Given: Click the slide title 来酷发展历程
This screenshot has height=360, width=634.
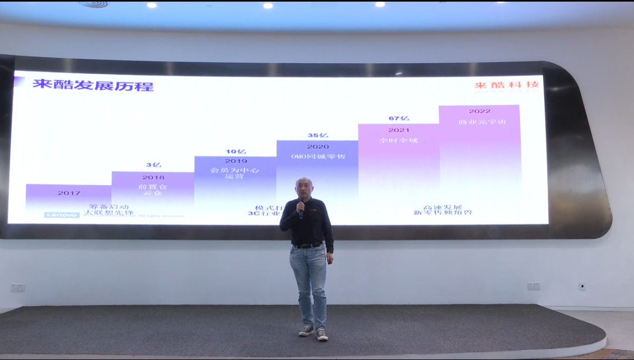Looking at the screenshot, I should click(93, 85).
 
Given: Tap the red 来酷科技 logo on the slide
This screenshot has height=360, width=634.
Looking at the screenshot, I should click(507, 85).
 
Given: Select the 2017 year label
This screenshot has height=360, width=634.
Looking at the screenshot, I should click(69, 193).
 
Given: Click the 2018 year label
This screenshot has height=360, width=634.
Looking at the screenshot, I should click(153, 177).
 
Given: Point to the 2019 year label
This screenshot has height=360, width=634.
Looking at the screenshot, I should click(235, 161).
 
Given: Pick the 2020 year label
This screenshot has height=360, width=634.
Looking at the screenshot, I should click(318, 147).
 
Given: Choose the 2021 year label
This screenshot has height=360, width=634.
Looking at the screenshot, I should click(399, 130).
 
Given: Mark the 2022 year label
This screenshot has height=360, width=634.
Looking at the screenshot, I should click(479, 112).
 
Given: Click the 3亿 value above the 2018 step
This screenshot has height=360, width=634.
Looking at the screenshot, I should click(153, 165).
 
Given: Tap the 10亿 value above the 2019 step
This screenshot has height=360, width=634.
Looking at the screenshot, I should click(235, 152).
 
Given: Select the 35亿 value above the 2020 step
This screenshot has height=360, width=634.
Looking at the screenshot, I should click(318, 136).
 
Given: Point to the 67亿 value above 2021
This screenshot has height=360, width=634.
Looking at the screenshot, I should click(399, 119).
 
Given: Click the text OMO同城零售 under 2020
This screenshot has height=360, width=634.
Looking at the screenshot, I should click(318, 156).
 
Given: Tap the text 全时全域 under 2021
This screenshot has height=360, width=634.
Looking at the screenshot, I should click(399, 140).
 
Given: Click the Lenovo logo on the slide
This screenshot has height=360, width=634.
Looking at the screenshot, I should click(62, 216).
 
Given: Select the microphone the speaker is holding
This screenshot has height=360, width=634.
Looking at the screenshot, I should click(301, 206).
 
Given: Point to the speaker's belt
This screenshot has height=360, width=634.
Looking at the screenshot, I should click(308, 245).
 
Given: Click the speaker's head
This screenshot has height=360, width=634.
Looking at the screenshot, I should click(304, 188).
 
